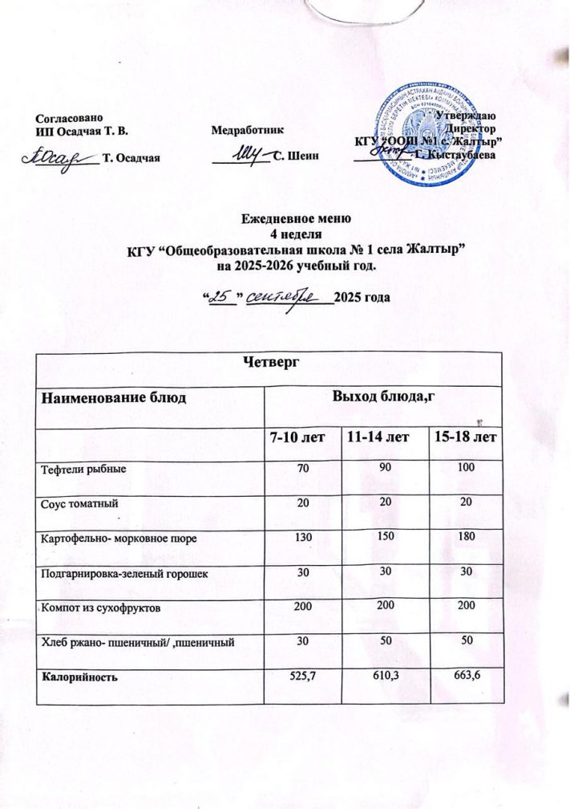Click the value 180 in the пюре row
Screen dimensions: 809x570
[465, 539]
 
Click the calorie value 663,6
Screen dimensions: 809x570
[465, 677]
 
